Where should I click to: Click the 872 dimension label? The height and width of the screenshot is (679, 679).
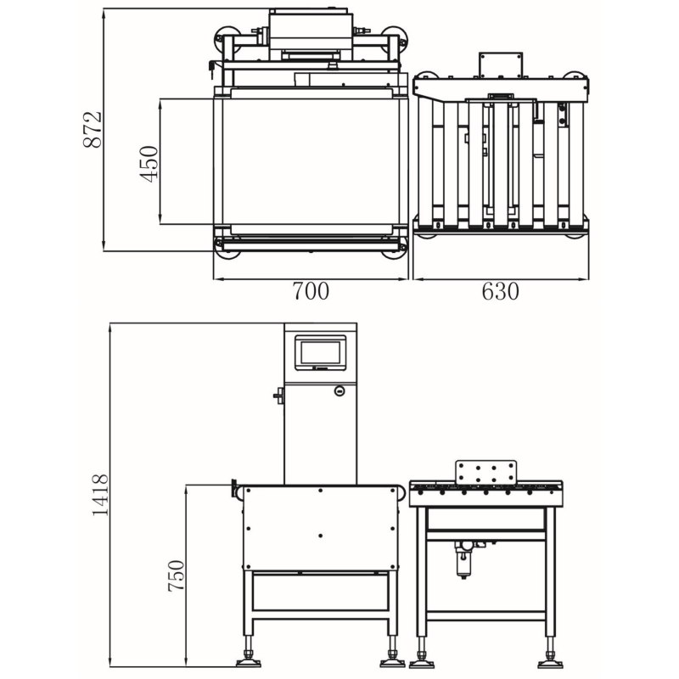tap(93, 130)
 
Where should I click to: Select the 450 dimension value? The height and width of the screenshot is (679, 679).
tap(149, 164)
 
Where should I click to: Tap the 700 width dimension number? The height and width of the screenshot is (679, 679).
tap(311, 291)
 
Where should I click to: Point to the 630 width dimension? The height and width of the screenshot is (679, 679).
tap(500, 291)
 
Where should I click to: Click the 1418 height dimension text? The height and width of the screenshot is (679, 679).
tap(100, 495)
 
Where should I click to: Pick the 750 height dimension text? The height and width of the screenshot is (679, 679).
tap(177, 575)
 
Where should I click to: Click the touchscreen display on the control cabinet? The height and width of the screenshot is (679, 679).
tap(321, 353)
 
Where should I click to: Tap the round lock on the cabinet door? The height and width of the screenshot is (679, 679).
tap(339, 391)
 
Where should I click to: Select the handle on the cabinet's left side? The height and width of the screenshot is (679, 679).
tap(279, 396)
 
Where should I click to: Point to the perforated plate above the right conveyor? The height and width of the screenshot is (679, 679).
tap(485, 473)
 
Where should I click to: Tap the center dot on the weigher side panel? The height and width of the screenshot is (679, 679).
tap(321, 536)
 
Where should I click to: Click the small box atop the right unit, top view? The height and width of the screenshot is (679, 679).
tap(500, 65)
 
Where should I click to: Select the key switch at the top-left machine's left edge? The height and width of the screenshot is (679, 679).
tap(211, 69)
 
